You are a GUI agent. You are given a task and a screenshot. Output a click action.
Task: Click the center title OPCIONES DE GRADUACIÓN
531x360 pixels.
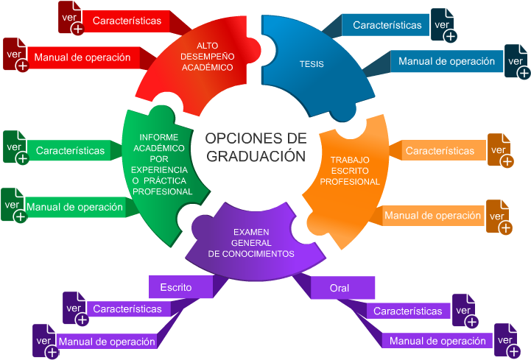255,147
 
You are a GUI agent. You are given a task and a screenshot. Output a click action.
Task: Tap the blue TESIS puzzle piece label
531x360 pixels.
312,64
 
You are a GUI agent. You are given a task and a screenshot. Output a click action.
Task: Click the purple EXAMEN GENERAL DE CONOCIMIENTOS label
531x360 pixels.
251,242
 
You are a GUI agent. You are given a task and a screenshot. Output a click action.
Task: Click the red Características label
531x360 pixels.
127,21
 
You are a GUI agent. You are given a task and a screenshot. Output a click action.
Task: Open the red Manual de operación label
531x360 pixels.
82,57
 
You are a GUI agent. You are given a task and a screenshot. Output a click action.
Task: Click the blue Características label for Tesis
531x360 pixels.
387,25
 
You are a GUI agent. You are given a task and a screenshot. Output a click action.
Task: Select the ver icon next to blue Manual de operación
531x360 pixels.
515,62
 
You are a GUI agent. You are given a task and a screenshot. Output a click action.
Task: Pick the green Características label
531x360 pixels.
70,150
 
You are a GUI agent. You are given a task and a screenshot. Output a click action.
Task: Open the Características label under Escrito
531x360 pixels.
127,308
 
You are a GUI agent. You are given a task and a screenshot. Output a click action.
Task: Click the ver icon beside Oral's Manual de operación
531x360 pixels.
505,341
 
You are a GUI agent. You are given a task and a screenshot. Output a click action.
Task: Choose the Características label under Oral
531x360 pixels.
407,311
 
